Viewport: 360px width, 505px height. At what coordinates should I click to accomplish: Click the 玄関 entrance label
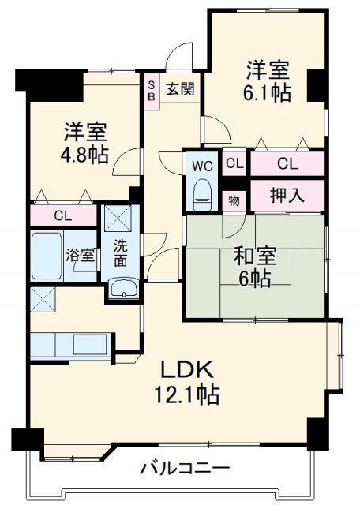[x=181, y=88]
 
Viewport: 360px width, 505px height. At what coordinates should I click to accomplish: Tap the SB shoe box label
[x=151, y=87]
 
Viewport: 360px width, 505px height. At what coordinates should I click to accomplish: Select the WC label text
[x=201, y=166]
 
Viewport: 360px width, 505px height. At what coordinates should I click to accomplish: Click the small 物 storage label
[x=234, y=199]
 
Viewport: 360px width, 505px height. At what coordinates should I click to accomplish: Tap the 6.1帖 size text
[x=265, y=92]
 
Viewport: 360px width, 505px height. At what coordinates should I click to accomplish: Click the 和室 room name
[x=253, y=256]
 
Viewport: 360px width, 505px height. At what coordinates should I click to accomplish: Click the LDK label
[x=186, y=368]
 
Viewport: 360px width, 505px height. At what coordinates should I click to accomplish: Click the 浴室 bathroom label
[x=81, y=255]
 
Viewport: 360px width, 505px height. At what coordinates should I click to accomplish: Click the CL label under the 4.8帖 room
[x=64, y=215]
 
